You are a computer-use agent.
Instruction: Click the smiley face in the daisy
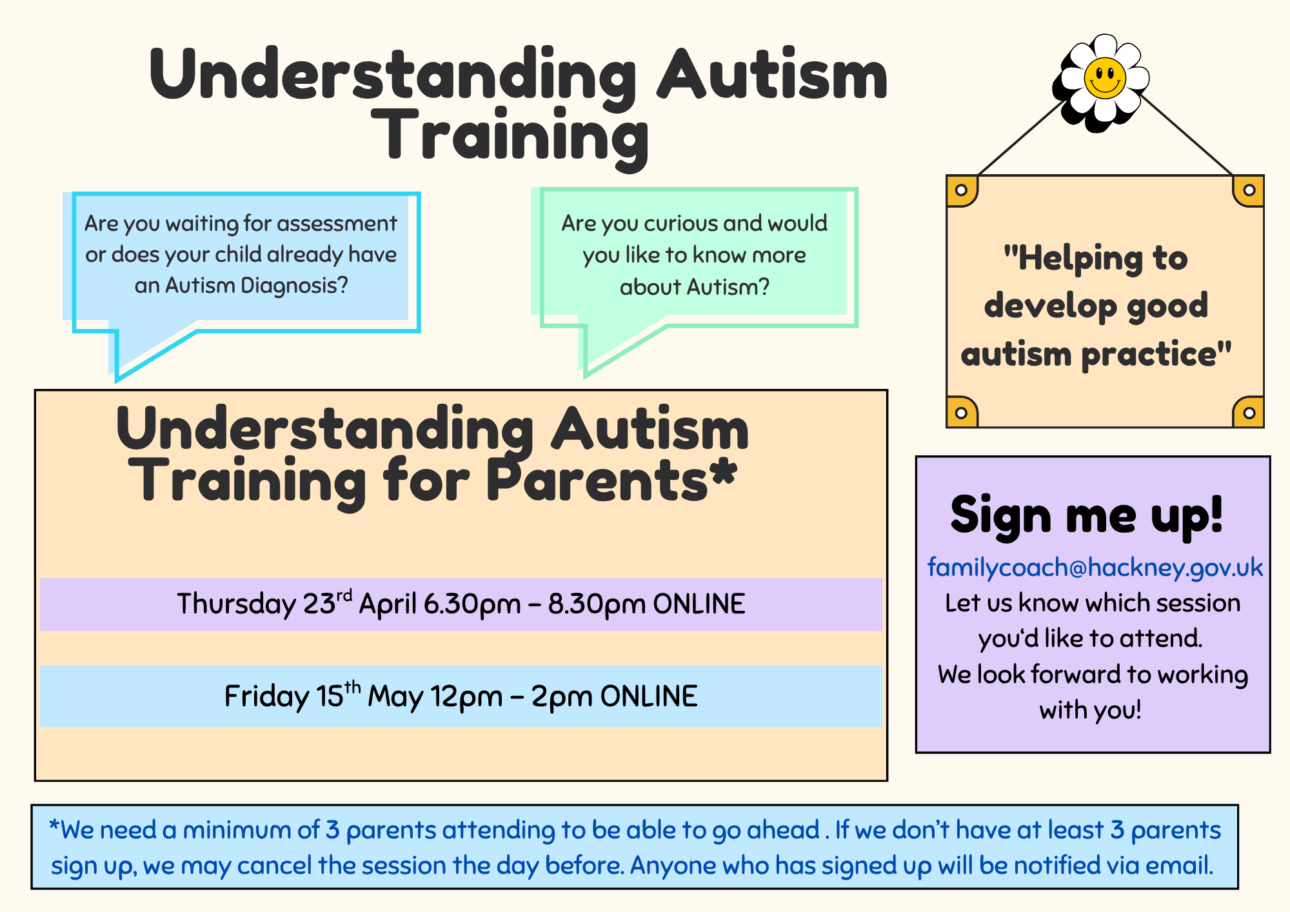[1105, 78]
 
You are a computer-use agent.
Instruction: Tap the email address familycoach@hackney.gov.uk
[1095, 567]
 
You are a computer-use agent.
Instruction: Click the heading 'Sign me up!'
[1087, 515]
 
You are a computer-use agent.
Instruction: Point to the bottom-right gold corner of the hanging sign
[1248, 411]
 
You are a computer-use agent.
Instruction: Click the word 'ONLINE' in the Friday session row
[649, 697]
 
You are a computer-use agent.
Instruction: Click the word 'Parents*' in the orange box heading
[611, 481]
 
